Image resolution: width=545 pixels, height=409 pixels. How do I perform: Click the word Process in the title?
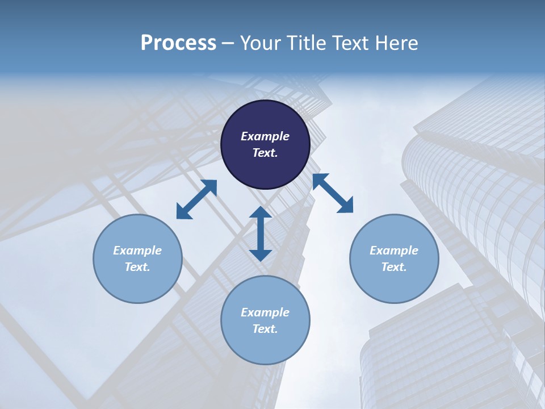click(x=178, y=43)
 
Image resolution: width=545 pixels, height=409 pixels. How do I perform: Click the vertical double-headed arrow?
click(x=261, y=233)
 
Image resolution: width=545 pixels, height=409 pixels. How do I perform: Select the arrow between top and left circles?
click(x=196, y=199)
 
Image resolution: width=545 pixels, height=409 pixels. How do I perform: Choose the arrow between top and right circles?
click(x=333, y=193)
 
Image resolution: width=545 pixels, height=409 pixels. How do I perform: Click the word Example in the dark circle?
click(x=265, y=136)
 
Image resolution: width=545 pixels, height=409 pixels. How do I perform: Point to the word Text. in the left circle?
click(x=137, y=267)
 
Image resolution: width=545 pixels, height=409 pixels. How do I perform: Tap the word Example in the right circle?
click(x=394, y=251)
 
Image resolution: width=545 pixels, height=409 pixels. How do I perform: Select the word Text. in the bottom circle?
click(x=265, y=329)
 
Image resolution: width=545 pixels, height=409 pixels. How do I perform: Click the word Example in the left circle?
click(x=137, y=251)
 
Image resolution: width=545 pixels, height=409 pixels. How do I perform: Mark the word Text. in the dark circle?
click(x=265, y=153)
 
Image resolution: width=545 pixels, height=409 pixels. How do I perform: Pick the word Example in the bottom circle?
click(x=265, y=312)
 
